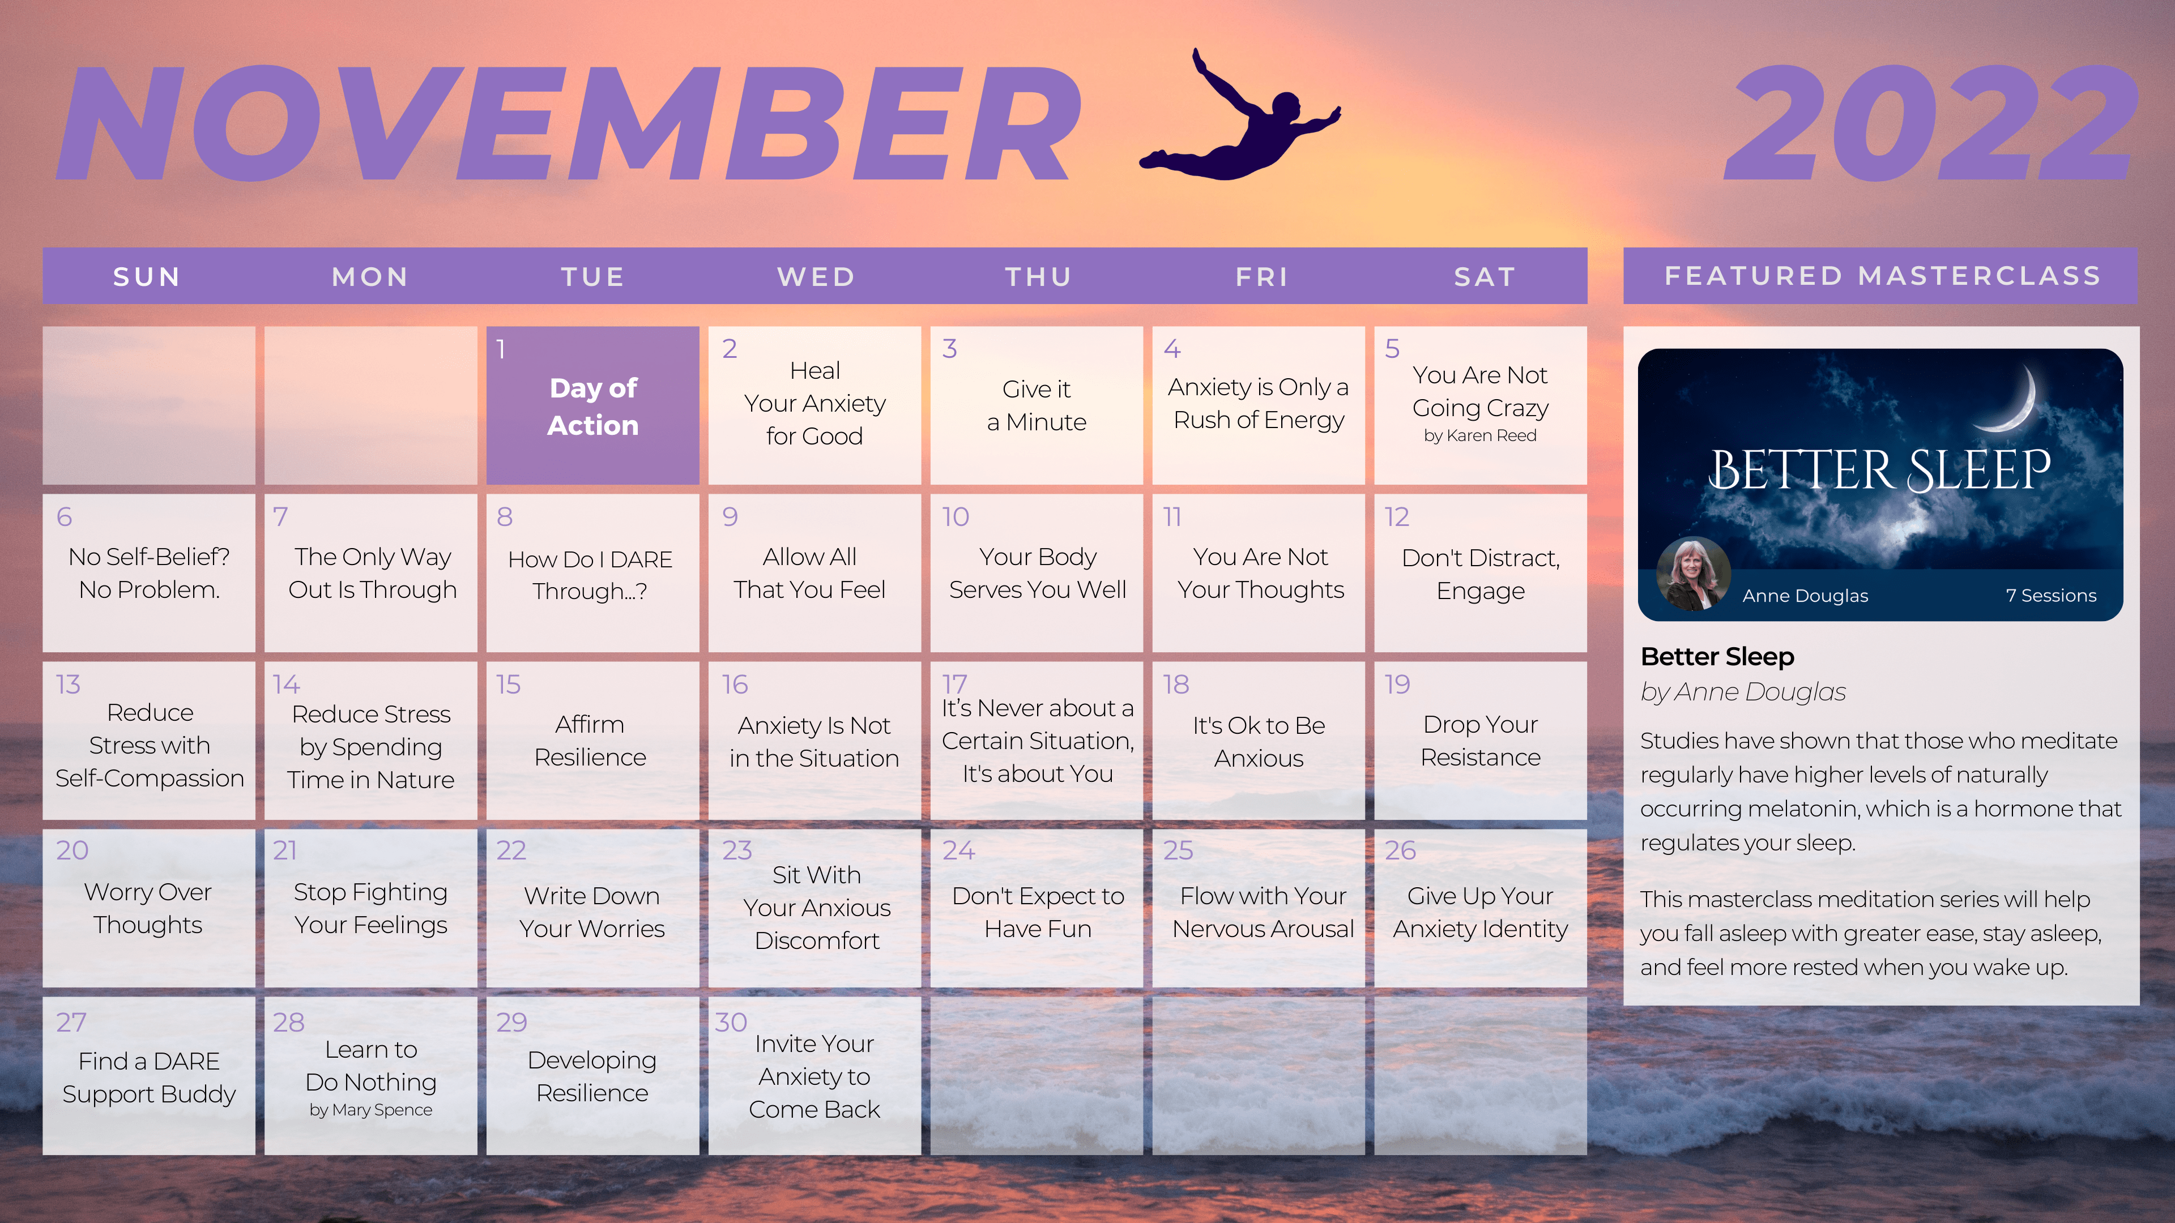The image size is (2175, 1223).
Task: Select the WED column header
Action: coord(816,277)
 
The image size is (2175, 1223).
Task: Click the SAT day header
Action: coord(1485,277)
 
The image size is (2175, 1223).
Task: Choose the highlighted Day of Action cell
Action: coord(592,405)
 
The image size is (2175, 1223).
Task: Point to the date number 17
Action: coord(954,683)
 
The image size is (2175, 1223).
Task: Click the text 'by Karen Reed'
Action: coord(1480,435)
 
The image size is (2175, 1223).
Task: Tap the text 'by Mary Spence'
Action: coord(370,1110)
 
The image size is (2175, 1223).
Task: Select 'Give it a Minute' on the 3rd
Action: coord(1037,405)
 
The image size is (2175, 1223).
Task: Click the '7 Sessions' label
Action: coord(2051,595)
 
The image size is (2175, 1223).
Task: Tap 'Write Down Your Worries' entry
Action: coord(592,912)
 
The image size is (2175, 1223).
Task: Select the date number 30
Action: coord(731,1021)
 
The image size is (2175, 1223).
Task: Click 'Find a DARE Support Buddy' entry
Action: coord(148,1077)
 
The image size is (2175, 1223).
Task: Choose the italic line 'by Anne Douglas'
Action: coord(1743,692)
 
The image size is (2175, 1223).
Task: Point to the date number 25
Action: coord(1178,850)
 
